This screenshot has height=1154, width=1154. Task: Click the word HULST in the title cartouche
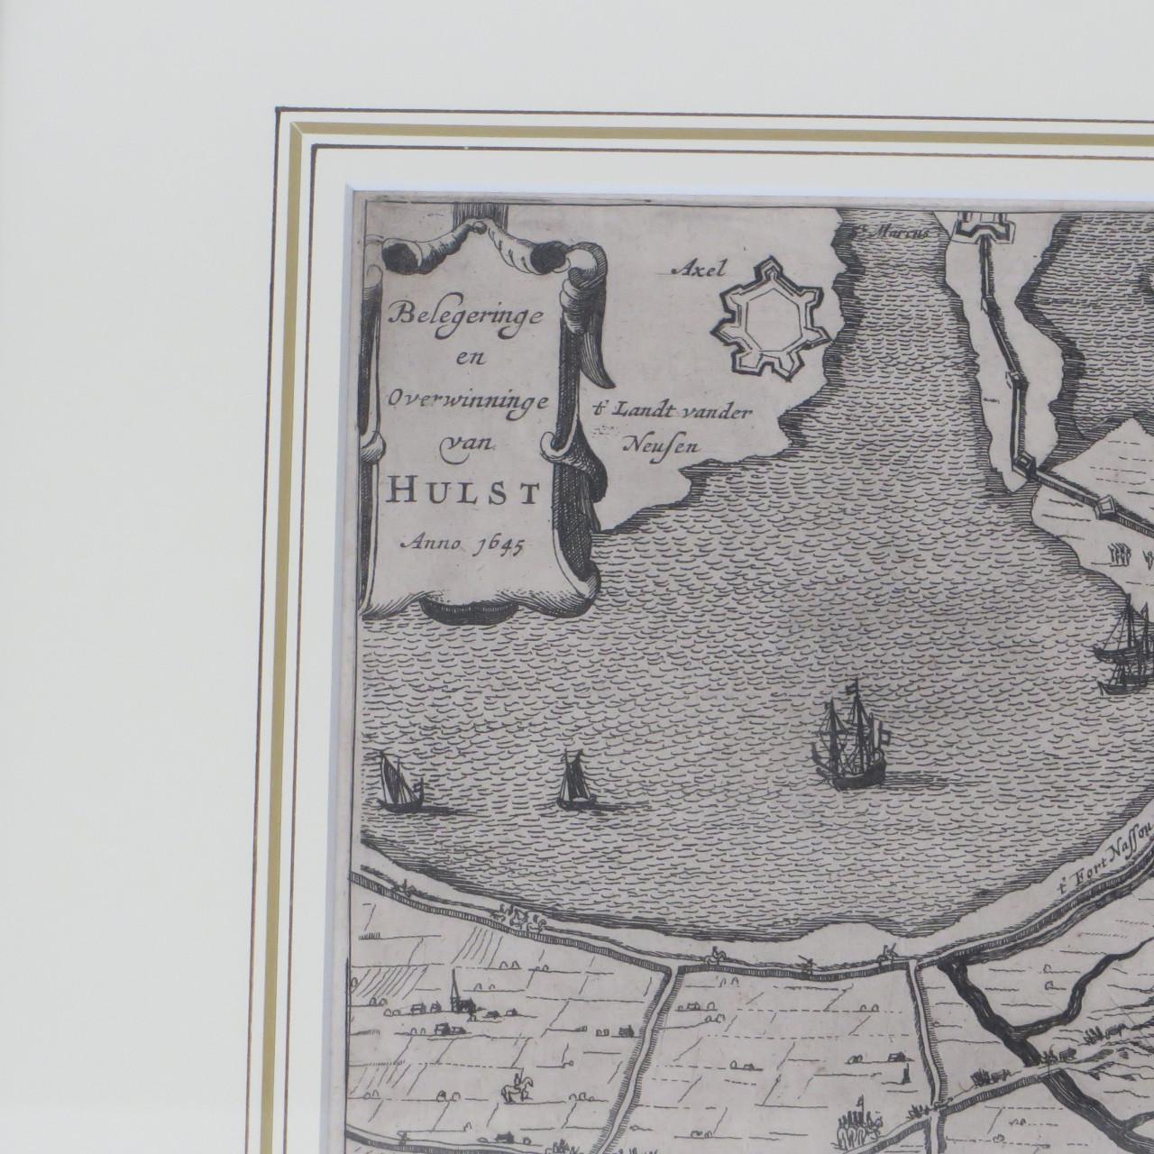[x=463, y=492]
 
